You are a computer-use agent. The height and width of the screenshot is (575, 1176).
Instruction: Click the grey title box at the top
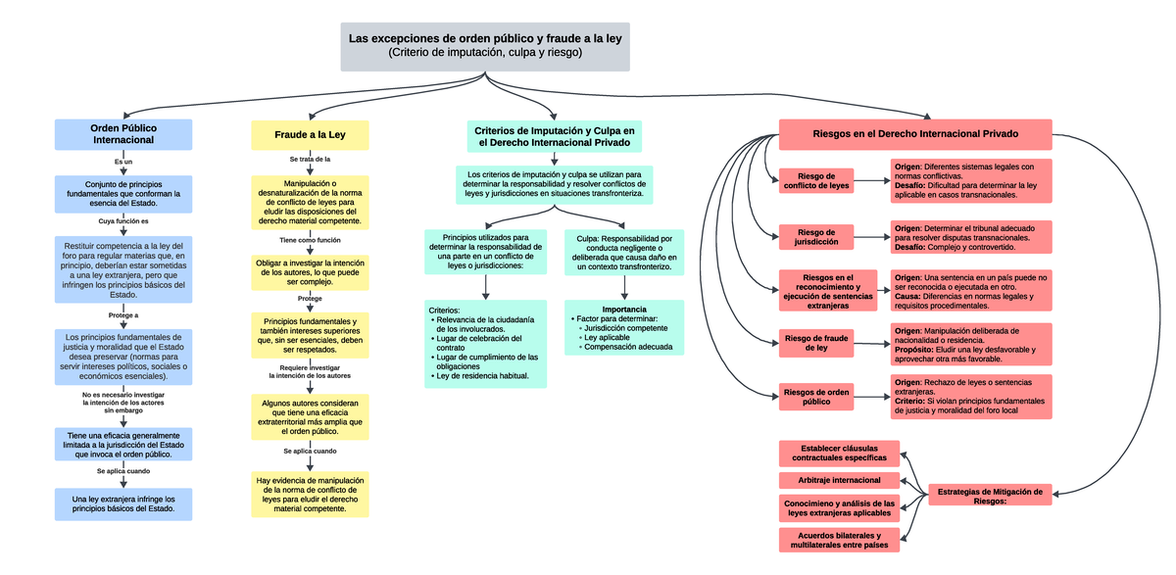[485, 46]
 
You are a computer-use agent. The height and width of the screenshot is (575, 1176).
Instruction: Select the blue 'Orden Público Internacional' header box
[123, 134]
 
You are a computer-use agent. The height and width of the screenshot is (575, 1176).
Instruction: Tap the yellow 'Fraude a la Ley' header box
[310, 134]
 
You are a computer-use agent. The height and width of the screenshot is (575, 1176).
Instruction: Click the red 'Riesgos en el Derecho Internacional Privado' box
[915, 134]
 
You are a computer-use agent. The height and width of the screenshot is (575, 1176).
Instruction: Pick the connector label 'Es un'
[123, 162]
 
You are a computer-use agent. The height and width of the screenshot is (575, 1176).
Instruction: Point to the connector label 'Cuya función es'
[123, 222]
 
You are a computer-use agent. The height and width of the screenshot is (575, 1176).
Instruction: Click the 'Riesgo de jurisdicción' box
[816, 237]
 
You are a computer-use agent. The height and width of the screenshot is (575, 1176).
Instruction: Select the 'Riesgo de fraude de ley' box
[816, 343]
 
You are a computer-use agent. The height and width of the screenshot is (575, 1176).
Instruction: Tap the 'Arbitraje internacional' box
[839, 480]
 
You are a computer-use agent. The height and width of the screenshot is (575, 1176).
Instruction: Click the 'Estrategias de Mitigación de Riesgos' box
[990, 495]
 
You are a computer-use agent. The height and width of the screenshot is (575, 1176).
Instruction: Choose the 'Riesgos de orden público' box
[816, 397]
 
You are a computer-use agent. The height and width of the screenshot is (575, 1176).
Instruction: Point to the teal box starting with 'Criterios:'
[486, 344]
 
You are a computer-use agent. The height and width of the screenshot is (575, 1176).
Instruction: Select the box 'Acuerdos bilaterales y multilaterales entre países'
[839, 540]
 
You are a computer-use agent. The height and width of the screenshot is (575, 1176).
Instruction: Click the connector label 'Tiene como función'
[310, 240]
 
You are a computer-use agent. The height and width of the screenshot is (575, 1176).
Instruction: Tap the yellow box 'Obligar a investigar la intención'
[310, 272]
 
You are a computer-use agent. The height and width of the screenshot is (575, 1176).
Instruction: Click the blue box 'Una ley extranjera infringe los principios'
[123, 503]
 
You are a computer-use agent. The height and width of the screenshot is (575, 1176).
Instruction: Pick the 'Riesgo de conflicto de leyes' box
[816, 181]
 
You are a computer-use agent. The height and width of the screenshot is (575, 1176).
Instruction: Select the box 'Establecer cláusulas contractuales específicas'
[839, 453]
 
